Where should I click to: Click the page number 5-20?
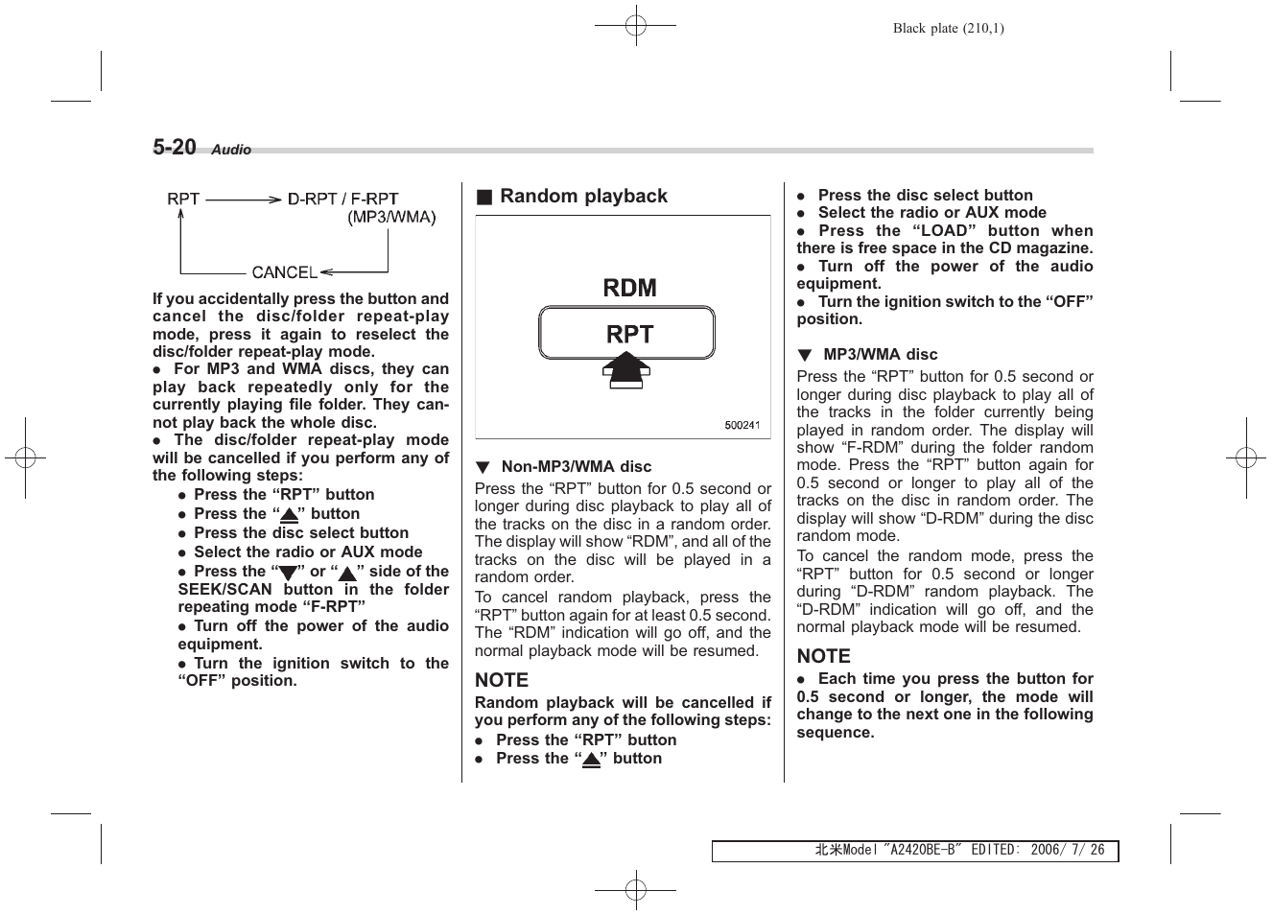175,147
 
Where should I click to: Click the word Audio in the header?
231,150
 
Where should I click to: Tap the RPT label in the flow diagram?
183,199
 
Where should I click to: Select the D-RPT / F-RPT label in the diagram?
343,199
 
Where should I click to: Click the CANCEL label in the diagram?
284,272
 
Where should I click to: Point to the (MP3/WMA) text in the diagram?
391,218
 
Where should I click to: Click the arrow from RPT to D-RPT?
243,199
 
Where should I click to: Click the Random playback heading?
583,197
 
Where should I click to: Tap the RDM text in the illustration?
629,288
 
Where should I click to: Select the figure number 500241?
742,425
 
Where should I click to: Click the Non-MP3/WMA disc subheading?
576,467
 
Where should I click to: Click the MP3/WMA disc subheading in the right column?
880,355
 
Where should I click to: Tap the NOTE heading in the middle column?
502,680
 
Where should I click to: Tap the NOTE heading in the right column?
823,656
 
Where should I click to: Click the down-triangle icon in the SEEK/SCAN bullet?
285,574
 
